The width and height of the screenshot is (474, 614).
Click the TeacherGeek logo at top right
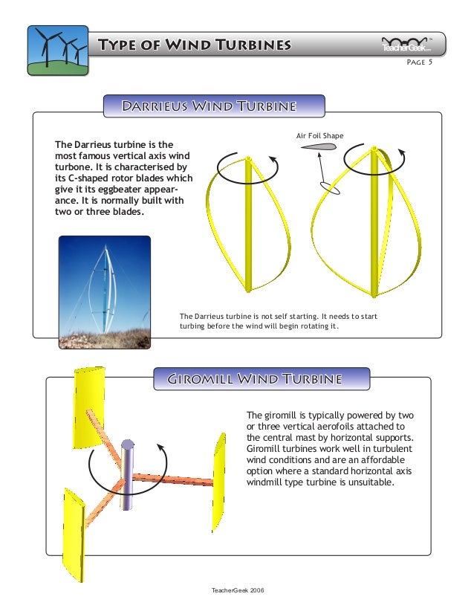tap(412, 45)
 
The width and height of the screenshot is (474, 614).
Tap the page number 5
tap(430, 62)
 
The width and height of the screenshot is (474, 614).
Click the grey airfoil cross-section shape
tap(319, 147)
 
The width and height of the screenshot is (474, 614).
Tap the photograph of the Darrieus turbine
tap(104, 292)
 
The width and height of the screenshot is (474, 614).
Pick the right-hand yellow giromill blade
tap(219, 472)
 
